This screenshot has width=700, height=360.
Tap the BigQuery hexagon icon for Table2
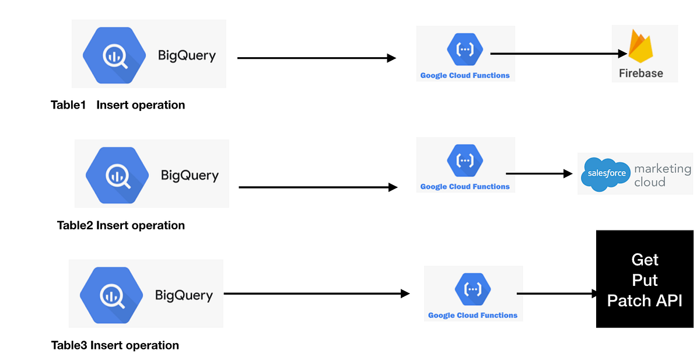[x=116, y=174]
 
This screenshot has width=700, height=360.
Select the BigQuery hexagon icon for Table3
[x=110, y=294]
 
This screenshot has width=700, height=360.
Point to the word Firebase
[x=641, y=74]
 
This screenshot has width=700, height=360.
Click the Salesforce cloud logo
[x=606, y=174]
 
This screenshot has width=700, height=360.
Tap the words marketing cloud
[x=662, y=175]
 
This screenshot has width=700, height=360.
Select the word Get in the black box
[x=645, y=260]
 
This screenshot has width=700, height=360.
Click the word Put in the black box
[x=645, y=280]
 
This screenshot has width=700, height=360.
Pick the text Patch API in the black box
[x=645, y=300]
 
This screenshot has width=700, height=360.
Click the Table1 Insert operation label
[x=118, y=105]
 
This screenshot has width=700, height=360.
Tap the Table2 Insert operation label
[x=121, y=225]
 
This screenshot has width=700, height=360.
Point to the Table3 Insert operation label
[x=115, y=345]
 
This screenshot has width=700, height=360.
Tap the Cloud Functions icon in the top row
[x=465, y=49]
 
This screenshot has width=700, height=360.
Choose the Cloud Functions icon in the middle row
[x=465, y=160]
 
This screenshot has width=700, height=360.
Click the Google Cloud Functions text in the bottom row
[x=473, y=315]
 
